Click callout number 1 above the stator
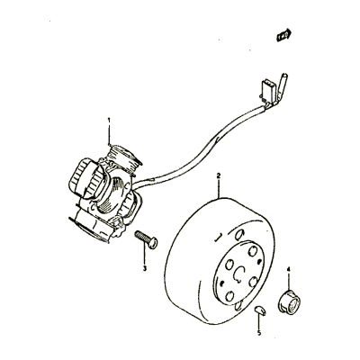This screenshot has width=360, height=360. pyautogui.click(x=109, y=121)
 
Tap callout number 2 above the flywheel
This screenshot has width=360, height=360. pyautogui.click(x=219, y=175)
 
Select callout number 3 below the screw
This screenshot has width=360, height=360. pyautogui.click(x=145, y=268)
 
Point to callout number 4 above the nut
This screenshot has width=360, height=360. pyautogui.click(x=289, y=269)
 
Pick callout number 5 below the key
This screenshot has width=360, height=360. pyautogui.click(x=259, y=332)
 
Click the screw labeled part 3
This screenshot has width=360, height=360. pyautogui.click(x=147, y=238)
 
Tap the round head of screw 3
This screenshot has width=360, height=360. pyautogui.click(x=153, y=243)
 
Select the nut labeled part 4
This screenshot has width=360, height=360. pyautogui.click(x=289, y=302)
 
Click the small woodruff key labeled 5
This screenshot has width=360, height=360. pyautogui.click(x=260, y=310)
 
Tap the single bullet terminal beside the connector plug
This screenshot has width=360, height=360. pyautogui.click(x=281, y=87)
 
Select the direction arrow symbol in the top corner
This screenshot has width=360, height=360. pyautogui.click(x=283, y=35)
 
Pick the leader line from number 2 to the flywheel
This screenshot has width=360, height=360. pyautogui.click(x=219, y=188)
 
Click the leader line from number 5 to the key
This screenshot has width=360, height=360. pyautogui.click(x=258, y=321)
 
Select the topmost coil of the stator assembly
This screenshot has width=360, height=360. pyautogui.click(x=123, y=158)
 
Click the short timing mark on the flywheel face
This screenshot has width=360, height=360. pyautogui.click(x=218, y=237)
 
